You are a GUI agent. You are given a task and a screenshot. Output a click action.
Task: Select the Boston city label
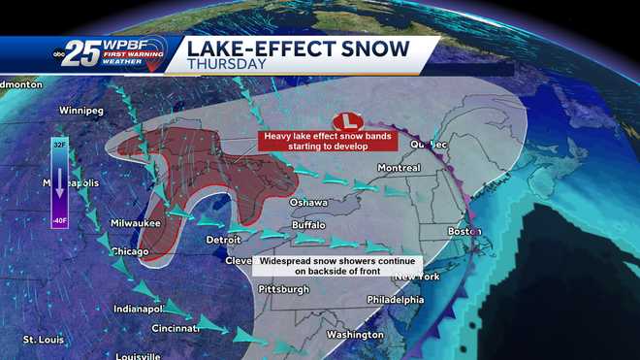(x=464, y=232)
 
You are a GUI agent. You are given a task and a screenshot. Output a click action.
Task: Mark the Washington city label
(x=355, y=335)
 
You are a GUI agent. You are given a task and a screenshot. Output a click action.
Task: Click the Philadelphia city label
(x=425, y=300)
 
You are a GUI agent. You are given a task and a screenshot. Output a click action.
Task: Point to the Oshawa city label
(x=308, y=202)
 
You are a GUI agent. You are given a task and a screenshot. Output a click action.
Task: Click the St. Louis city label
(x=44, y=340)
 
